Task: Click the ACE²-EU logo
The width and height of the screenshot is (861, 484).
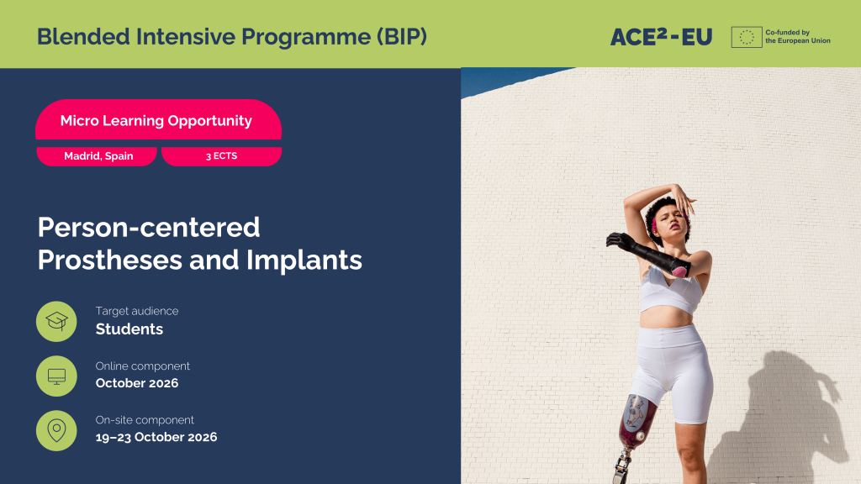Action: (661, 37)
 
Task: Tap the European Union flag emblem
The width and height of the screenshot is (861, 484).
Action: (747, 37)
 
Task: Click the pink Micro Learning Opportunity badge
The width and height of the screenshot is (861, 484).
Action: (158, 119)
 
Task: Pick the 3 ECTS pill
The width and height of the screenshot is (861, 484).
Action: (221, 155)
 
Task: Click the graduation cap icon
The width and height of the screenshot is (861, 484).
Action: (56, 321)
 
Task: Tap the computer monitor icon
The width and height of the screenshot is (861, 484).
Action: (56, 376)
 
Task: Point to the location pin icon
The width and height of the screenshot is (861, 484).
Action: (56, 431)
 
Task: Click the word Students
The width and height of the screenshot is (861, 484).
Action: (129, 329)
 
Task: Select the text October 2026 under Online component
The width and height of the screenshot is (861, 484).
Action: (137, 383)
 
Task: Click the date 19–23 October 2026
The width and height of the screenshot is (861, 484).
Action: (156, 437)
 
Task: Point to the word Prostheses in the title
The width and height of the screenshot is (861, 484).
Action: (110, 260)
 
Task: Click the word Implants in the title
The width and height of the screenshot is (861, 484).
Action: (304, 260)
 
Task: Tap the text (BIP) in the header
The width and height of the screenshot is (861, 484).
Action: (402, 37)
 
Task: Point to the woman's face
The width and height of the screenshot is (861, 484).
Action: (672, 221)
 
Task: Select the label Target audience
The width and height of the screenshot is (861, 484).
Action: (137, 311)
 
